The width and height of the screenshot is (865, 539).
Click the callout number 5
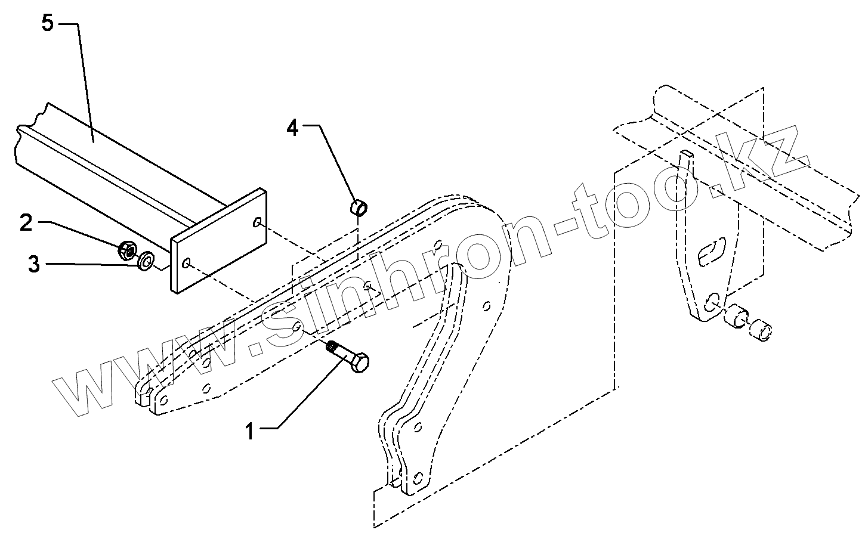click(x=48, y=24)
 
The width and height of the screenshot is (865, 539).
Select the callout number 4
click(x=292, y=128)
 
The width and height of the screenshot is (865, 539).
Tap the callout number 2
click(x=25, y=223)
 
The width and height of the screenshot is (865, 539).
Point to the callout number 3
click(x=33, y=263)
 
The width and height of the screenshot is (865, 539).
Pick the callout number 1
click(x=251, y=430)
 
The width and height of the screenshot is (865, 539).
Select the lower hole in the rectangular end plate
click(x=187, y=262)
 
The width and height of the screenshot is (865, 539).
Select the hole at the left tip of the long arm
click(x=163, y=398)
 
